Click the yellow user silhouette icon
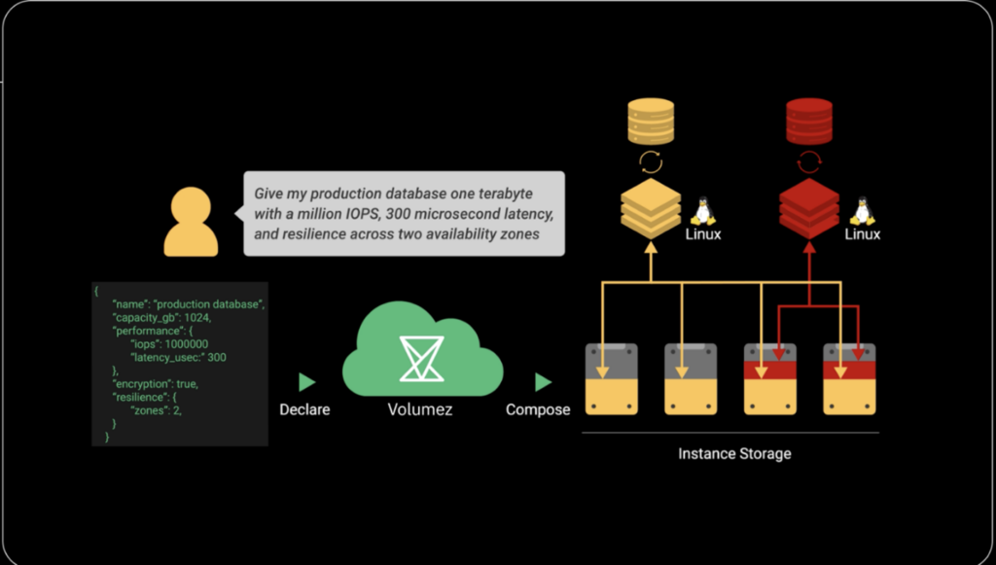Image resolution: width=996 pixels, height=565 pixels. pos(191,222)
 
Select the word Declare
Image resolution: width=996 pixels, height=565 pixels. pos(304,409)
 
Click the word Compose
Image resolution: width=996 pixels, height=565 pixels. pos(538,409)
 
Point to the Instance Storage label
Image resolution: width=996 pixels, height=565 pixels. pos(734,453)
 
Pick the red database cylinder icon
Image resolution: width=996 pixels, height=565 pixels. pos(809,122)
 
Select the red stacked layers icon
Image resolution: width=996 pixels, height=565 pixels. pos(809,208)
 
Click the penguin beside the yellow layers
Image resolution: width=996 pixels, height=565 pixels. pos(703,211)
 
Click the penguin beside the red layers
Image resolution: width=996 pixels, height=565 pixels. pos(861,211)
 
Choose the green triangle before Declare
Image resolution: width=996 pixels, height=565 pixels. pos(306,382)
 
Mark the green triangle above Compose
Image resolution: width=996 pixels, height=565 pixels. pos(543,382)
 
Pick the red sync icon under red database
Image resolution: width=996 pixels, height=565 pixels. pos(809,162)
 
